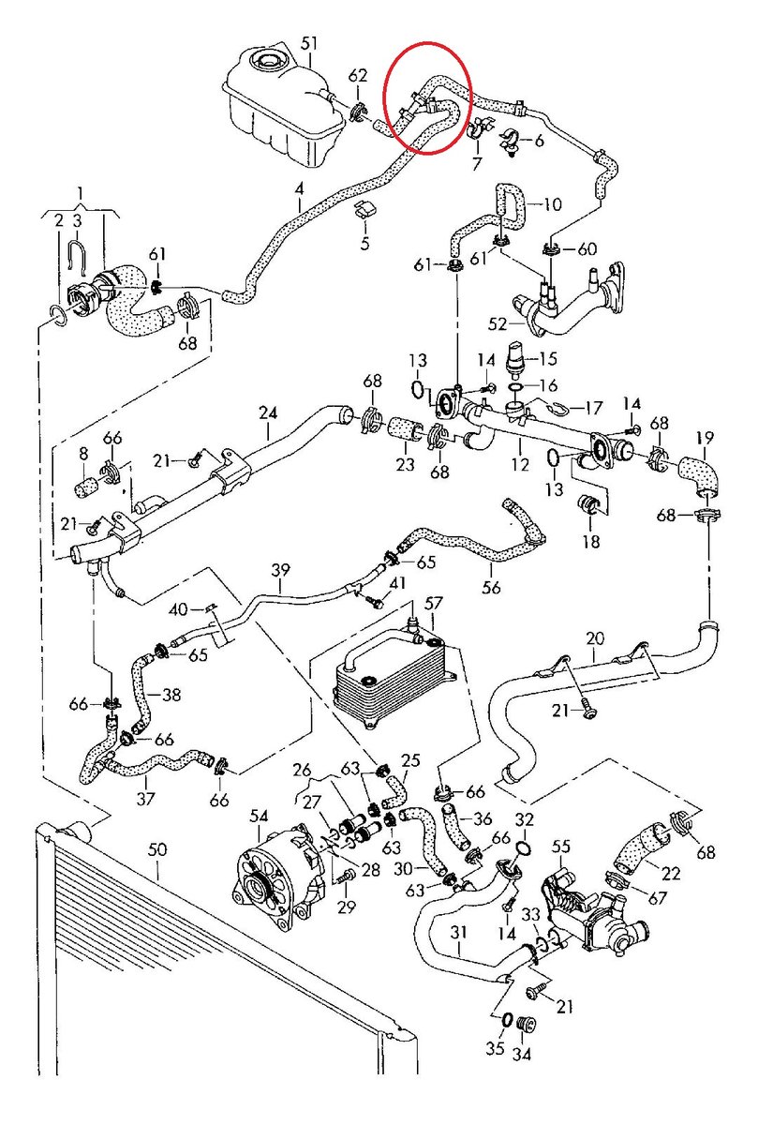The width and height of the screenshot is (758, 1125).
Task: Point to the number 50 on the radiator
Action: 157,849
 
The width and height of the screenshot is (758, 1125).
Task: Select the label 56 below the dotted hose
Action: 491,588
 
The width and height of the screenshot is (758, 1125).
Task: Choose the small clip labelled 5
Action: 365,211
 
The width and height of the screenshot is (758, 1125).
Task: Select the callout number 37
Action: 145,799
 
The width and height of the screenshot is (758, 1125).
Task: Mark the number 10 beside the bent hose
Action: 552,202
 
